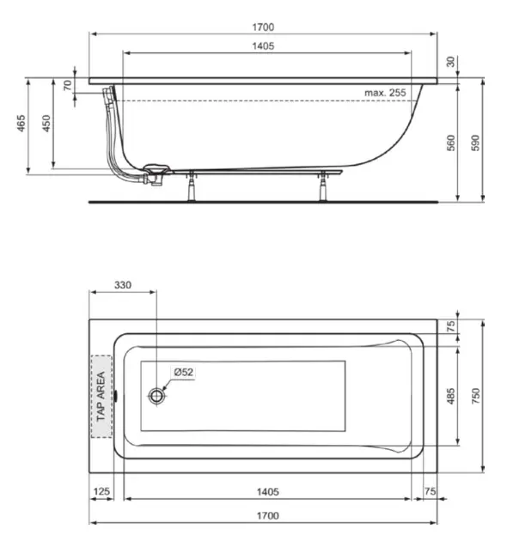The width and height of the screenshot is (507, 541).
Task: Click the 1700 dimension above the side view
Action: [x=264, y=27]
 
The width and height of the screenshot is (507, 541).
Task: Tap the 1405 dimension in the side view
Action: [x=263, y=46]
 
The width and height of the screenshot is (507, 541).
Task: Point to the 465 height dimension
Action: [x=19, y=125]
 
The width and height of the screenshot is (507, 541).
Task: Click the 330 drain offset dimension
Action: [x=124, y=285]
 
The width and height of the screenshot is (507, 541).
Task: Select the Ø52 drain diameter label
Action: [x=183, y=372]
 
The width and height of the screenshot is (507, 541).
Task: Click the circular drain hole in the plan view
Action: [x=156, y=396]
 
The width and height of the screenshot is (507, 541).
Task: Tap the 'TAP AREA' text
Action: [x=101, y=396]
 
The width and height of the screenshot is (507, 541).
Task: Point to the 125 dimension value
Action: [x=102, y=492]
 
